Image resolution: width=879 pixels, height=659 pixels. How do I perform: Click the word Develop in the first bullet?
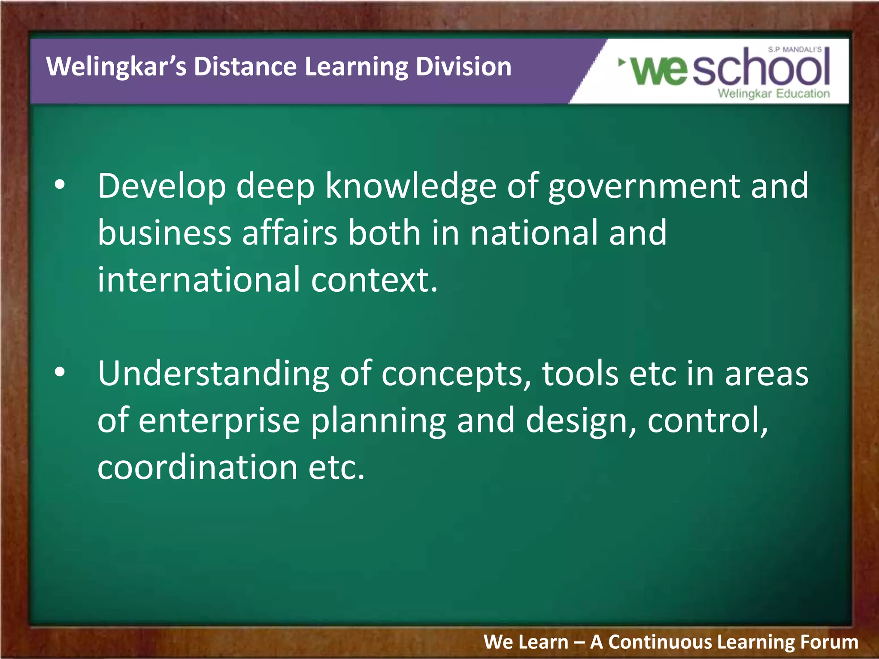tap(162, 186)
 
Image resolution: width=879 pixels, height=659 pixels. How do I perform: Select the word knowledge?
tap(411, 186)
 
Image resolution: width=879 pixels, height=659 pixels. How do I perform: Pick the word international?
tap(199, 279)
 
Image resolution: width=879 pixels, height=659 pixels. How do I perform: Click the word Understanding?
tap(213, 374)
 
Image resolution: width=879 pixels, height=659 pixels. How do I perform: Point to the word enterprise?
tap(219, 421)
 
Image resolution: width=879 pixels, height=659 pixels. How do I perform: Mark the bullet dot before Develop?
tap(60, 185)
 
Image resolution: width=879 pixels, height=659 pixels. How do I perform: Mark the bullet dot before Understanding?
tap(60, 372)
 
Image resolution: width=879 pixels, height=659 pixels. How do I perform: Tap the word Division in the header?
tap(464, 67)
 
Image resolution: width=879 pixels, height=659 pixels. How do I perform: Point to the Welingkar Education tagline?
tap(773, 94)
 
